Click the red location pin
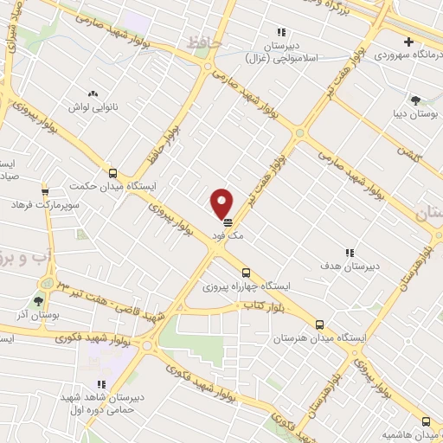[x=222, y=202]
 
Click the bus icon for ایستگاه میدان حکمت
[x=112, y=172]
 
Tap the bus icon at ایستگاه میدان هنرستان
[x=320, y=324]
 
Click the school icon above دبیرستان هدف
[x=350, y=253]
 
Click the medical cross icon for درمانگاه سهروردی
[x=408, y=42]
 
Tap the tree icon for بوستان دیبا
[x=415, y=100]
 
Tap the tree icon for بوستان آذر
[x=38, y=301]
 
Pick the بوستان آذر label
[x=38, y=316]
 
